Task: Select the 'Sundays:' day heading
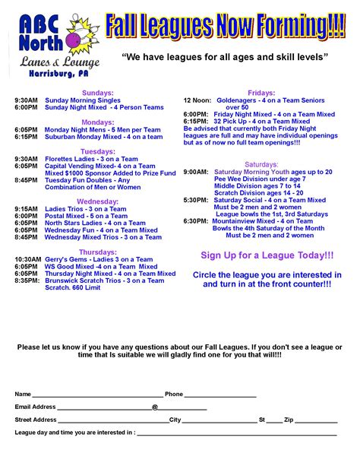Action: pyautogui.click(x=97, y=93)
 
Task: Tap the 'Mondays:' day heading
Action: pyautogui.click(x=97, y=122)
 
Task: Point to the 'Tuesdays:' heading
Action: pyautogui.click(x=97, y=151)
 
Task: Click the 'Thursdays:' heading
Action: pyautogui.click(x=97, y=251)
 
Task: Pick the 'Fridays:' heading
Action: pyautogui.click(x=261, y=93)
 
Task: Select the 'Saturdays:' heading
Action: pyautogui.click(x=261, y=164)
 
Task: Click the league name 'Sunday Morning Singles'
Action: pyautogui.click(x=83, y=100)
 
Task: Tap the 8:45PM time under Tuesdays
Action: pyautogui.click(x=26, y=180)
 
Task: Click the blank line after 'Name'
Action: pyautogui.click(x=97, y=395)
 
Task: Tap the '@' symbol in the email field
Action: pyautogui.click(x=155, y=407)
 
